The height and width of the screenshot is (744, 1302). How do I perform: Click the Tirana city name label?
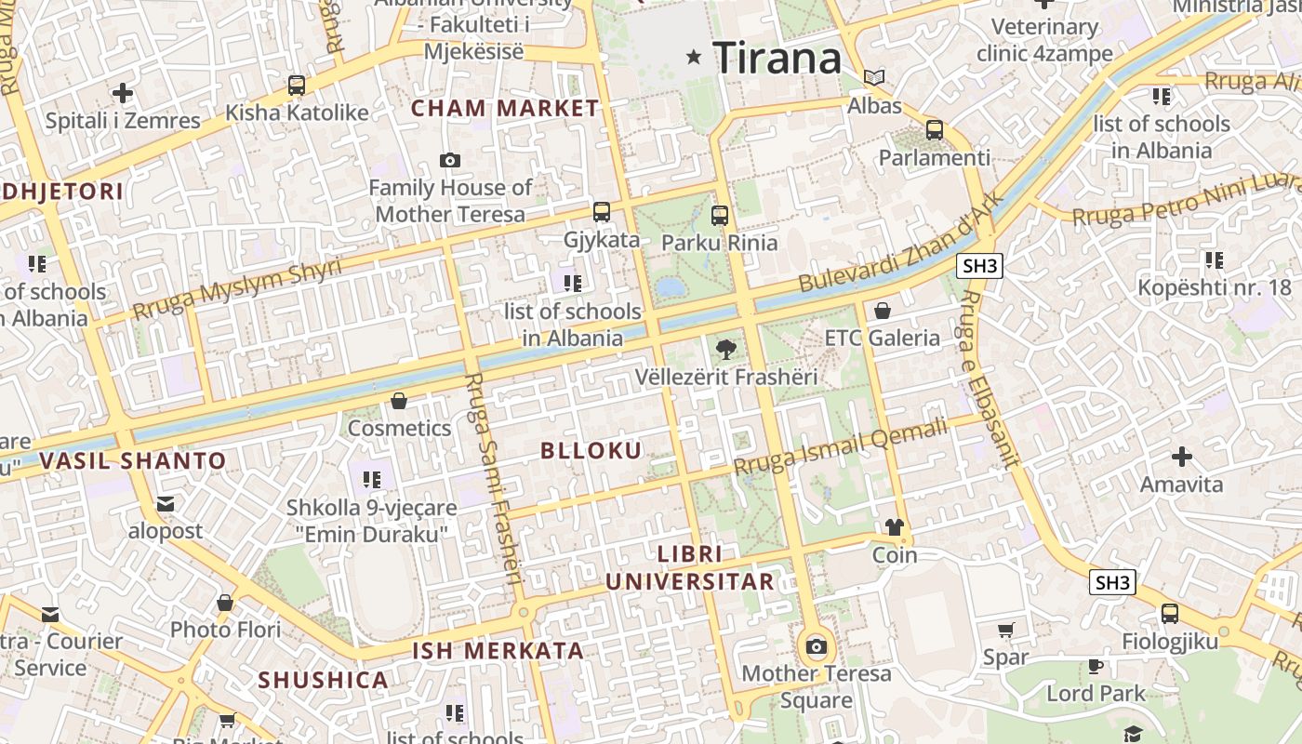pos(777,59)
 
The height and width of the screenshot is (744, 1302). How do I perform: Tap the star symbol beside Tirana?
pos(693,58)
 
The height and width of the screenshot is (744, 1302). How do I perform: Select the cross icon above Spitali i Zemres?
pos(123,93)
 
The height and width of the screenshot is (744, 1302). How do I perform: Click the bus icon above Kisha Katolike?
pos(297,86)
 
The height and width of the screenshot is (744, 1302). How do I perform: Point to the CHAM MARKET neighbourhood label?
pos(505,108)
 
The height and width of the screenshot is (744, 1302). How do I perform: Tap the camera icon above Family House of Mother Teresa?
pos(450,161)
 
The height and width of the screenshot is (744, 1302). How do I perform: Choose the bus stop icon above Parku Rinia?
pos(719,216)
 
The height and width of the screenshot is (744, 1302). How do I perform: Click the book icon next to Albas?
pos(873,77)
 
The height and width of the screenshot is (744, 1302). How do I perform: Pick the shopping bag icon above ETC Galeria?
pos(883,311)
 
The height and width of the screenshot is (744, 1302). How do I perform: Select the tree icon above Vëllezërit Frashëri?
pos(726,350)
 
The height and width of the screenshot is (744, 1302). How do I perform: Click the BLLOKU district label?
pos(591,451)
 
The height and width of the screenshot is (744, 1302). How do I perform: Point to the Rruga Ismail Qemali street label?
pos(841,447)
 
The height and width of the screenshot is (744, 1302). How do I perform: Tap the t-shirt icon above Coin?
pos(895,528)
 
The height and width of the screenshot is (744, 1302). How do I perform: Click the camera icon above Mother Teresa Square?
pos(817,646)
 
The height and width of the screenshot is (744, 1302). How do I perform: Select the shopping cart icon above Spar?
pos(1005,631)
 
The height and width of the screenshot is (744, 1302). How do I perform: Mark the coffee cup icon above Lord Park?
pos(1096,666)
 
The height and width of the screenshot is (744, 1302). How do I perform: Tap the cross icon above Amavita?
pos(1182,457)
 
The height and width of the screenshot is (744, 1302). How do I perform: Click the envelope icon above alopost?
pos(166,504)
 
